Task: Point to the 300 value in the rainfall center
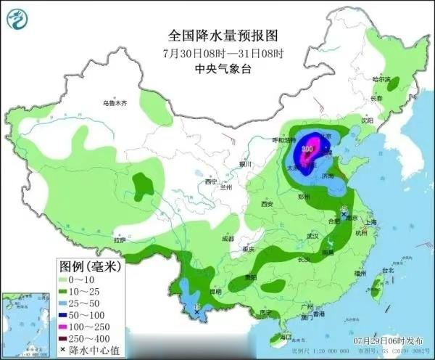(x=308, y=149)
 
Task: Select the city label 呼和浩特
(x=284, y=139)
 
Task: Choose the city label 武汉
(x=313, y=237)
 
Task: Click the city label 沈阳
(x=367, y=120)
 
